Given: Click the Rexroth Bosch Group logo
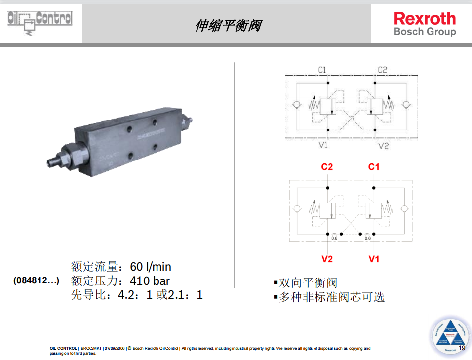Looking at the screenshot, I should pos(425,24).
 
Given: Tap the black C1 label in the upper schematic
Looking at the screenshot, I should pos(322,70).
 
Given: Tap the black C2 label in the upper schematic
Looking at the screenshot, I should pos(383,70).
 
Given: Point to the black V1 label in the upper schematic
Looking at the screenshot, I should pos(323,145).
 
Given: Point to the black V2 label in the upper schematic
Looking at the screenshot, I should pos(384,145).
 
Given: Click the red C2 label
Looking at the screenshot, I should pos(327,167).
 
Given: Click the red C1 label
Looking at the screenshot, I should pos(374,167).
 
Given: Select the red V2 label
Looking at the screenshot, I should pos(327,259).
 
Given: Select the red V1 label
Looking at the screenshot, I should pos(374,259).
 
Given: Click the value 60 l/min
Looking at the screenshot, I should pos(151,267).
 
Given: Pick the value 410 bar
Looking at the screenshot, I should pos(150,281).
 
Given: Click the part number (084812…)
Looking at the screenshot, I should pos(36,281).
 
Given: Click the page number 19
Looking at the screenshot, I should pos(462,348).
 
